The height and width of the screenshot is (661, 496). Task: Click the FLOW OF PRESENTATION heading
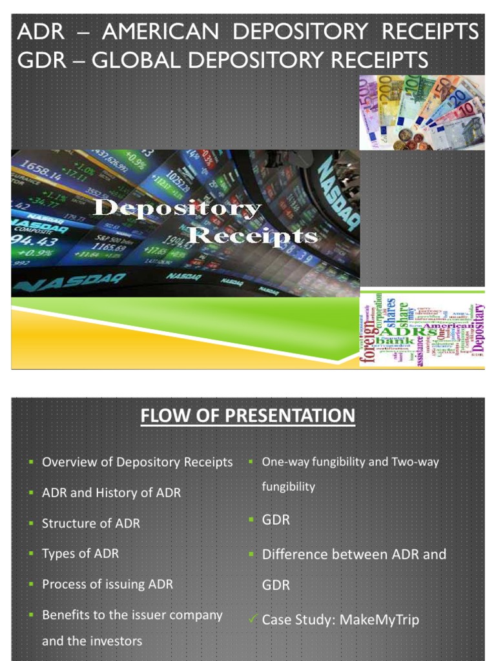click(x=248, y=416)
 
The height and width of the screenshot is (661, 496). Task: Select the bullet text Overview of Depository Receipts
click(x=137, y=462)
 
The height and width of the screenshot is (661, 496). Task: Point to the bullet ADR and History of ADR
click(x=111, y=493)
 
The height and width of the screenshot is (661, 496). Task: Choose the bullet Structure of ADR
click(x=90, y=524)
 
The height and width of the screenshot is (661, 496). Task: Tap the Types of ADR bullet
click(x=80, y=554)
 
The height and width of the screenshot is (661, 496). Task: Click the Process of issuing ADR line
click(x=107, y=584)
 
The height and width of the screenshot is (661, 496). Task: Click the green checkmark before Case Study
click(x=254, y=620)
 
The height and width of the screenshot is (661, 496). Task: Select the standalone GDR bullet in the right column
click(x=276, y=520)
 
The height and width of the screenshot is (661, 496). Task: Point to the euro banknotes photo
click(x=422, y=112)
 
